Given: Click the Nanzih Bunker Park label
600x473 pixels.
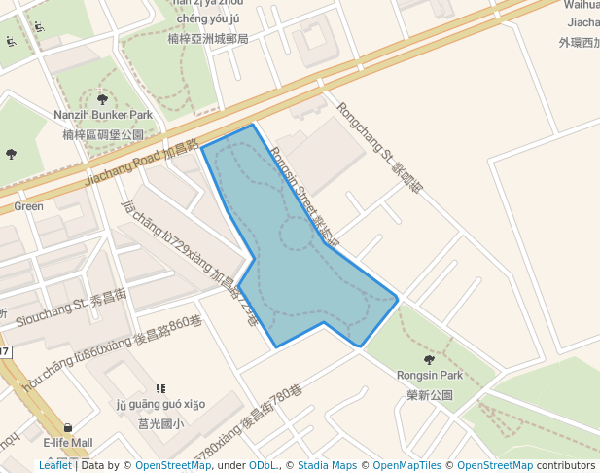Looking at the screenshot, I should [x=102, y=116].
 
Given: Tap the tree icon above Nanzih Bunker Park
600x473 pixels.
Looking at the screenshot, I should [x=102, y=99].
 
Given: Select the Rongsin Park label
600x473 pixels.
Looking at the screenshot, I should [x=430, y=375].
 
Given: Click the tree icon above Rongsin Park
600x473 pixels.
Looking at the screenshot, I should [x=430, y=359].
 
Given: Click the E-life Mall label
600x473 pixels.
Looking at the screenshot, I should [x=68, y=443].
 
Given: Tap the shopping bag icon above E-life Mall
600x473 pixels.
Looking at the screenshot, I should [x=68, y=428].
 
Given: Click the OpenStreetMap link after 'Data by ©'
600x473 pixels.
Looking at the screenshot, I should [x=172, y=465].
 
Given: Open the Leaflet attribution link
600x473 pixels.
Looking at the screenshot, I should [x=54, y=465].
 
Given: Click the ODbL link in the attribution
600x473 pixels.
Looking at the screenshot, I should [x=264, y=465].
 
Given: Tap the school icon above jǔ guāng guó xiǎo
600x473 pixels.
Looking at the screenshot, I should [x=160, y=388].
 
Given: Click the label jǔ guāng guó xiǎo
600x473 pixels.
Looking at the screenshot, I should [x=160, y=405].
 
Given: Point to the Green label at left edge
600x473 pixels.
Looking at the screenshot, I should [x=28, y=206].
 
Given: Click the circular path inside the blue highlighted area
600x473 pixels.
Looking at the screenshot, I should [x=295, y=235].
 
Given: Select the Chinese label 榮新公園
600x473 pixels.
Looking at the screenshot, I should [x=430, y=395].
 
